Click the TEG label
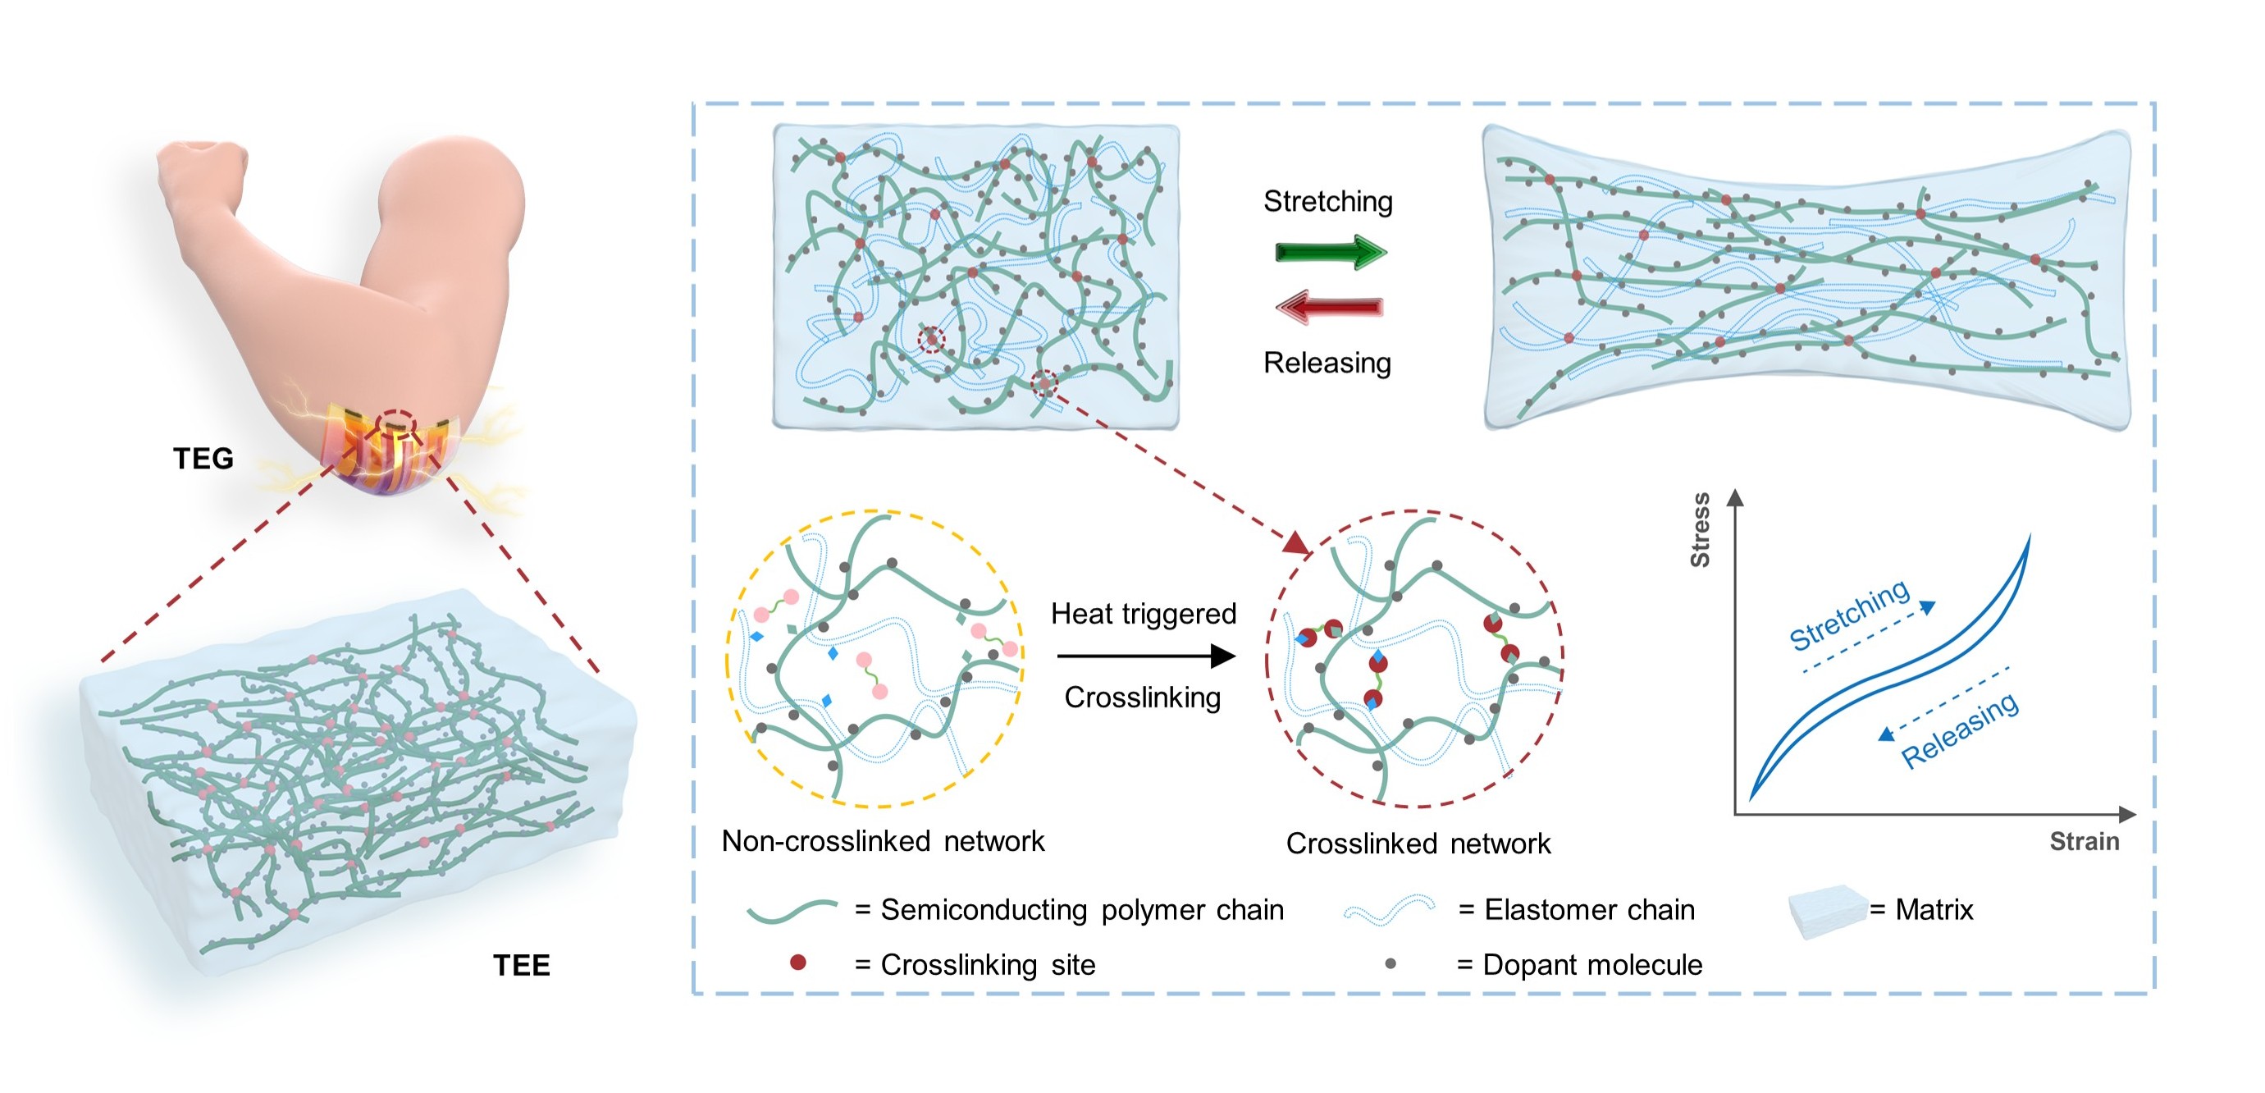click(x=203, y=458)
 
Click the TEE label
click(x=522, y=966)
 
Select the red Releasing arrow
click(x=1330, y=307)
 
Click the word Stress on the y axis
click(x=1701, y=529)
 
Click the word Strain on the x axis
click(x=2084, y=842)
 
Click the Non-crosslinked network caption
click(x=883, y=842)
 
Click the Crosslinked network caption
click(x=1418, y=844)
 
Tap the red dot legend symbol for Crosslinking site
click(x=797, y=963)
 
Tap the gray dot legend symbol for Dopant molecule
click(x=1391, y=963)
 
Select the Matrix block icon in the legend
click(x=1827, y=911)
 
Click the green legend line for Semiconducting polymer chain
click(x=792, y=911)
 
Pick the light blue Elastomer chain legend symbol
click(x=1389, y=910)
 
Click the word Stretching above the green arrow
click(x=1327, y=201)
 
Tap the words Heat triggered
click(x=1143, y=614)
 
